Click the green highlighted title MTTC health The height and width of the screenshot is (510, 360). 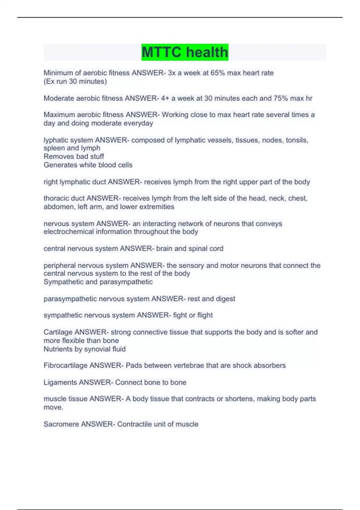pyautogui.click(x=185, y=52)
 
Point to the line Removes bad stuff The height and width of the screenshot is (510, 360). pyautogui.click(x=74, y=157)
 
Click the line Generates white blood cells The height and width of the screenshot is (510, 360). pyautogui.click(x=88, y=165)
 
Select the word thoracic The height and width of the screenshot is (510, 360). pyautogui.click(x=55, y=198)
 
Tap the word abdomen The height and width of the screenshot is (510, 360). pyautogui.click(x=59, y=207)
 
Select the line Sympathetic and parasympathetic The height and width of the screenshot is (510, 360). pyautogui.click(x=98, y=282)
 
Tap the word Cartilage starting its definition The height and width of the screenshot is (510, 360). pyautogui.click(x=58, y=332)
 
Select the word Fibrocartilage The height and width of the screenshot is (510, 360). pyautogui.click(x=65, y=365)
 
